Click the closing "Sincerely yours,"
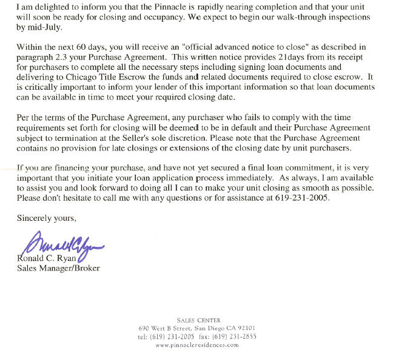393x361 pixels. (x=47, y=217)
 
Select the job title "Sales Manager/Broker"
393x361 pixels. (x=58, y=268)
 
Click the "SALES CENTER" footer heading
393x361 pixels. (x=199, y=320)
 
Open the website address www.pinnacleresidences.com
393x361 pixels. (x=198, y=344)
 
